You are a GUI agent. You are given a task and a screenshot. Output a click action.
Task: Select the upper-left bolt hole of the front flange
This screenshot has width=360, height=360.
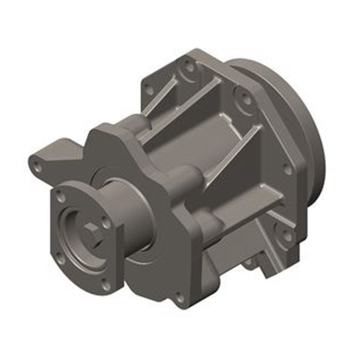click(x=60, y=197)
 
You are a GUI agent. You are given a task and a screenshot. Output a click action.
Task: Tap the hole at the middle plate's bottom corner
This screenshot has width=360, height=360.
click(x=180, y=299)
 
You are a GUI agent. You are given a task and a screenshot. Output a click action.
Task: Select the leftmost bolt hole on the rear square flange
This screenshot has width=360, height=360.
click(x=149, y=90)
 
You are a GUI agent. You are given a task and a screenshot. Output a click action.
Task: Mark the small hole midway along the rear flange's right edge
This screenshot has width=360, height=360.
click(x=287, y=169)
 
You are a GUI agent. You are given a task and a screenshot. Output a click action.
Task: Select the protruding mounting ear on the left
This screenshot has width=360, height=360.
click(x=53, y=156)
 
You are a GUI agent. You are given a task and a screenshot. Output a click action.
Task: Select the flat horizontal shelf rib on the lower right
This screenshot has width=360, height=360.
click(x=250, y=202)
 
